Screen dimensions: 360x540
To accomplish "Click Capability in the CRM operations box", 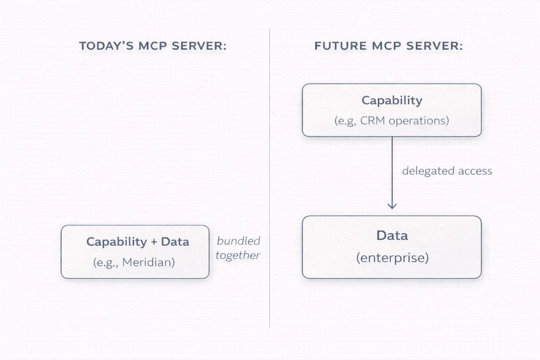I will tap(391, 101).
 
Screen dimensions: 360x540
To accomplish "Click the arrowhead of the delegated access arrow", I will tap(391, 205).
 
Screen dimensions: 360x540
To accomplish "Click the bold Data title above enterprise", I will tap(391, 236).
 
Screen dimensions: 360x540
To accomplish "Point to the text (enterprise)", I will tap(391, 258).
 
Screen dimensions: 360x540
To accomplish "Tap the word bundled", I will tap(238, 241).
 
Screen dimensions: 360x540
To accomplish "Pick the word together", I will tap(238, 255).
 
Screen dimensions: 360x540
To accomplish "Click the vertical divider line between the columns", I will tap(270, 176).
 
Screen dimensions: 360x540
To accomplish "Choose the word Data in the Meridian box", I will tap(175, 242).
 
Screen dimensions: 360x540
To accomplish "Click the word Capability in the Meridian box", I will tap(116, 242).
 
